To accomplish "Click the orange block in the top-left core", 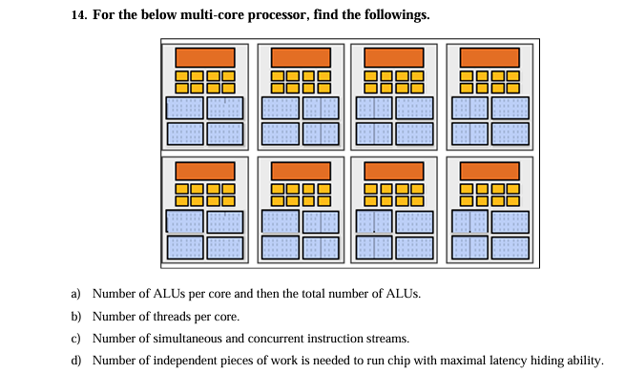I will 204,57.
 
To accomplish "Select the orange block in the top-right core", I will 490,57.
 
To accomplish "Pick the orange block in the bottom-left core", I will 204,171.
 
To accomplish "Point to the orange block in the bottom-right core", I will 490,171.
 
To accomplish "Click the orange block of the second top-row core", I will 301,57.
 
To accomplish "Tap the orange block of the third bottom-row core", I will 394,171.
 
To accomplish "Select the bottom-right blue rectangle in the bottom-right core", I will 510,247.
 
